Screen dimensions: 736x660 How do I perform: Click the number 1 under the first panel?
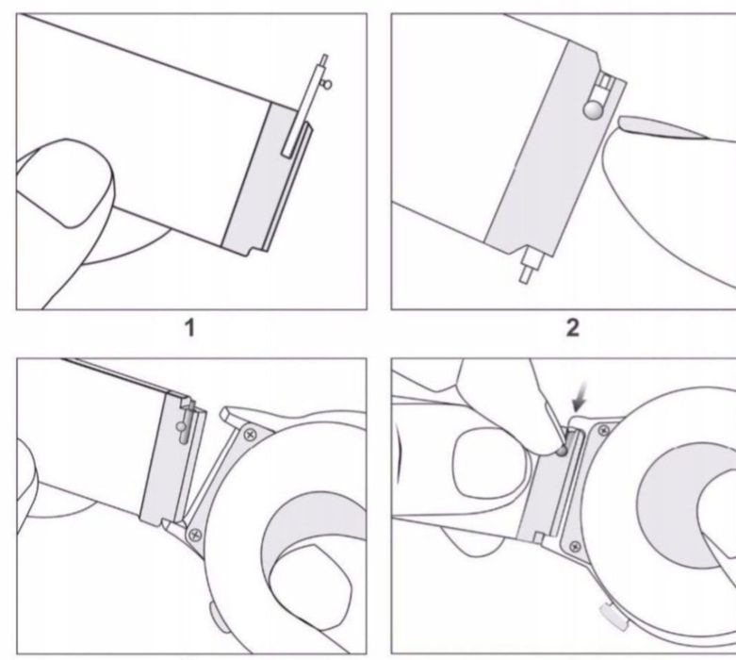[x=190, y=328]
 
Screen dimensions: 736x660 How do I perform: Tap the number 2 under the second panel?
[x=573, y=328]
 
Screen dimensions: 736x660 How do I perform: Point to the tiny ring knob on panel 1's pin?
[x=328, y=85]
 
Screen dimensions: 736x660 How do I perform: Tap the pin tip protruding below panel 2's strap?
[x=524, y=273]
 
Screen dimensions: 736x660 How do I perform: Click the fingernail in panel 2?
[x=662, y=127]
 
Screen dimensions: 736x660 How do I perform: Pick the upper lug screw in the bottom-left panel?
[x=250, y=435]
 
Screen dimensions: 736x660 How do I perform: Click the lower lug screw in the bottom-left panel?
[x=194, y=535]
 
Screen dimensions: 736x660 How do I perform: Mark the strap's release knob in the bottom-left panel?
[x=181, y=426]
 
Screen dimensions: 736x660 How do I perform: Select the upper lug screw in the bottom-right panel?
[x=604, y=430]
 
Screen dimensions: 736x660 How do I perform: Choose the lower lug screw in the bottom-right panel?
[x=575, y=546]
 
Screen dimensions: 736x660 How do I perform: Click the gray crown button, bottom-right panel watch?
[x=614, y=617]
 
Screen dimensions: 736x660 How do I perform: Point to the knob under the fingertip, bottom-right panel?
[x=561, y=452]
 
